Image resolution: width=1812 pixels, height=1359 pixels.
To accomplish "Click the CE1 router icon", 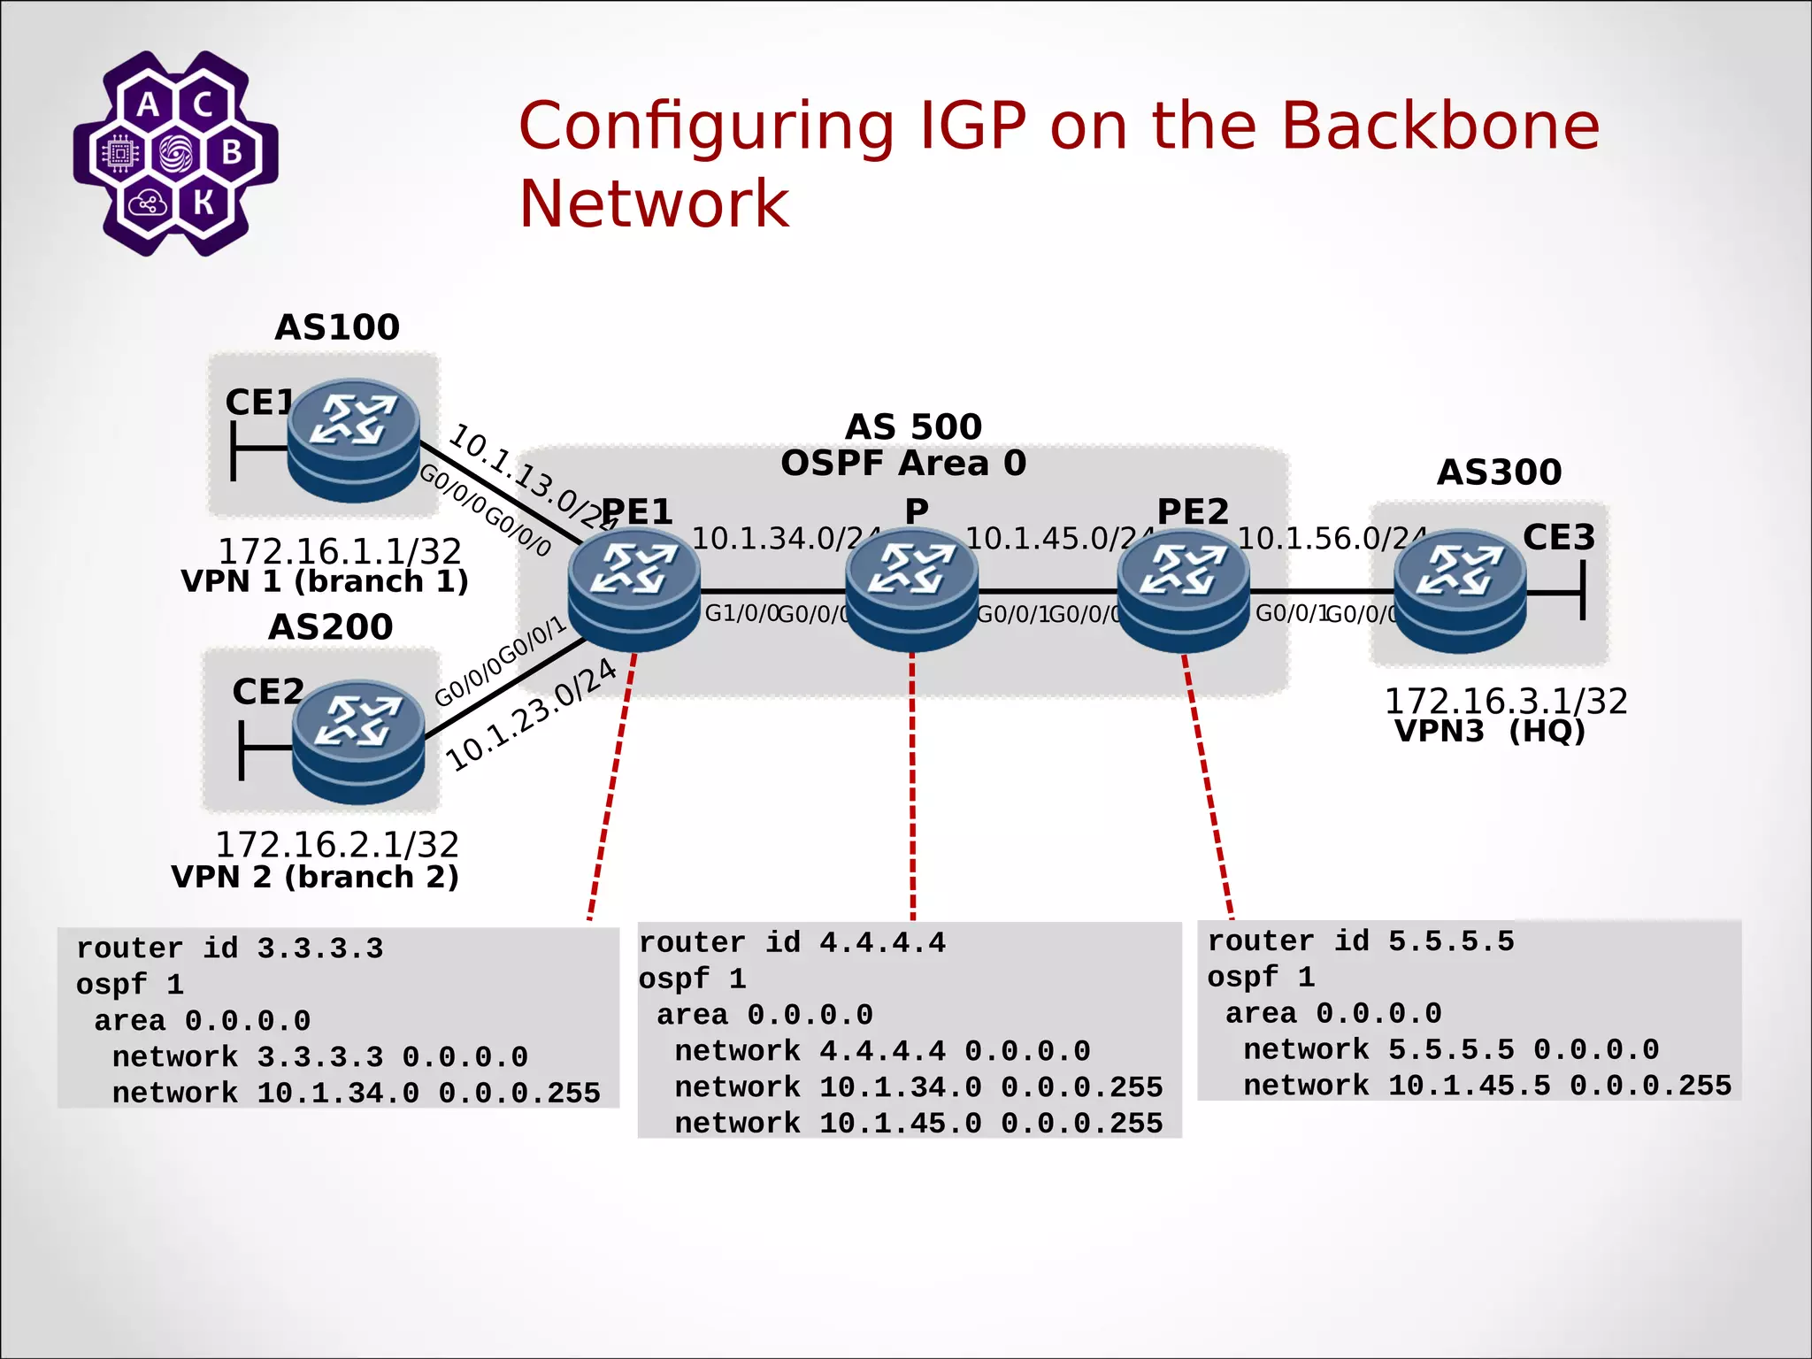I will pyautogui.click(x=353, y=440).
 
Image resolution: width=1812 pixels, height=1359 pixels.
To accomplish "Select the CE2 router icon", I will pyautogui.click(x=358, y=741).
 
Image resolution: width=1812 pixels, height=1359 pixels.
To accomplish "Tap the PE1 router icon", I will pyautogui.click(x=633, y=589).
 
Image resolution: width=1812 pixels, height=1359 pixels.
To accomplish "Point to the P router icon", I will pyautogui.click(x=911, y=589).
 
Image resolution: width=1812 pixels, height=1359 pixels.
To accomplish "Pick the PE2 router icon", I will pyautogui.click(x=1183, y=589).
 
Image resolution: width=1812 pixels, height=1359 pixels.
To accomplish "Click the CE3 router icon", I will pyautogui.click(x=1460, y=590).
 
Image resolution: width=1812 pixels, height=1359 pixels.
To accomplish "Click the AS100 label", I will pyautogui.click(x=337, y=327).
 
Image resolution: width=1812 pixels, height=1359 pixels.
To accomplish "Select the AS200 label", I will pyautogui.click(x=330, y=627).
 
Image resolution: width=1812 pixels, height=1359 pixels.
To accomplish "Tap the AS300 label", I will pyautogui.click(x=1499, y=472).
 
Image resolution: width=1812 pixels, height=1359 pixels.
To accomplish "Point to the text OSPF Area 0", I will pyautogui.click(x=903, y=464).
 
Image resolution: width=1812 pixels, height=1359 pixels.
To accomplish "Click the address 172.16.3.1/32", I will pyautogui.click(x=1505, y=701).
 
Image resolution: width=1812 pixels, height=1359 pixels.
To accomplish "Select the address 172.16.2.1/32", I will pyautogui.click(x=337, y=845).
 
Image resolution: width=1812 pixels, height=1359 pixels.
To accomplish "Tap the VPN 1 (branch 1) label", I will pyautogui.click(x=325, y=582).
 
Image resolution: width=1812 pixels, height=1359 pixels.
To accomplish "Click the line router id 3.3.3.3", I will pyautogui.click(x=229, y=948).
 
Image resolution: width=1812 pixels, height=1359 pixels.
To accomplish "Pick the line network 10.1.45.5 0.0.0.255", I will pyautogui.click(x=1486, y=1086).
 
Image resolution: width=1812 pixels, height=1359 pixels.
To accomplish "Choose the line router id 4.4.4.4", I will pyautogui.click(x=792, y=943).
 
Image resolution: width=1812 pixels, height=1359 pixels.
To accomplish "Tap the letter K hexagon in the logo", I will pyautogui.click(x=203, y=202).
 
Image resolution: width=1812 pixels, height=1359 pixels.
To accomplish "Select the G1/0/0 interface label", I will pyautogui.click(x=741, y=613).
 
